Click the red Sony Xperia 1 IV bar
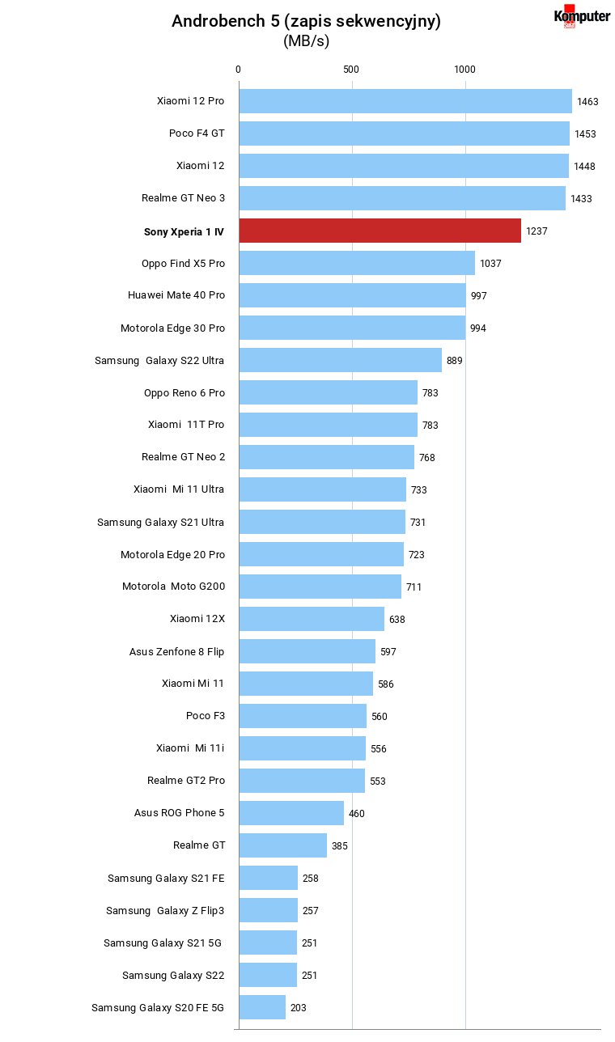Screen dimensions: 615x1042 click(380, 231)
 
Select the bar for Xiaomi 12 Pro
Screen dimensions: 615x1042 click(405, 101)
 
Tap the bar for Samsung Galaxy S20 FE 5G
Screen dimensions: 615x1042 click(262, 1007)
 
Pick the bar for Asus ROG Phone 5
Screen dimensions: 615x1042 click(291, 813)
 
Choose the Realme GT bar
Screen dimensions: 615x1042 click(283, 845)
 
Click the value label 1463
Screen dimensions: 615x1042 click(587, 102)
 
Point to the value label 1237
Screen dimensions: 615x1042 click(537, 231)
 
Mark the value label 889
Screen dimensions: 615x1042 click(455, 361)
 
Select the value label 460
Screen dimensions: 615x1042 click(357, 814)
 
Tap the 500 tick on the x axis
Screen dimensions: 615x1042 click(351, 70)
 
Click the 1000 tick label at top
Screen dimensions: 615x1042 click(464, 70)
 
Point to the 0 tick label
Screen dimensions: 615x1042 click(238, 70)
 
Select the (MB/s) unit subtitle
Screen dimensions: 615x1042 click(306, 41)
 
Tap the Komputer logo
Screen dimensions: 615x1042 click(582, 16)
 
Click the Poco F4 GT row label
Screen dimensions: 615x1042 click(197, 133)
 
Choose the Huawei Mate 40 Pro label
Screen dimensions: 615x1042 click(176, 295)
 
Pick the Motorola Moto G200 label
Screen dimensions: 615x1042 click(173, 586)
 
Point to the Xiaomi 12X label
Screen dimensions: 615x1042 click(197, 619)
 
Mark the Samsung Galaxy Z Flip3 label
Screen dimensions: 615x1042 click(165, 910)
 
